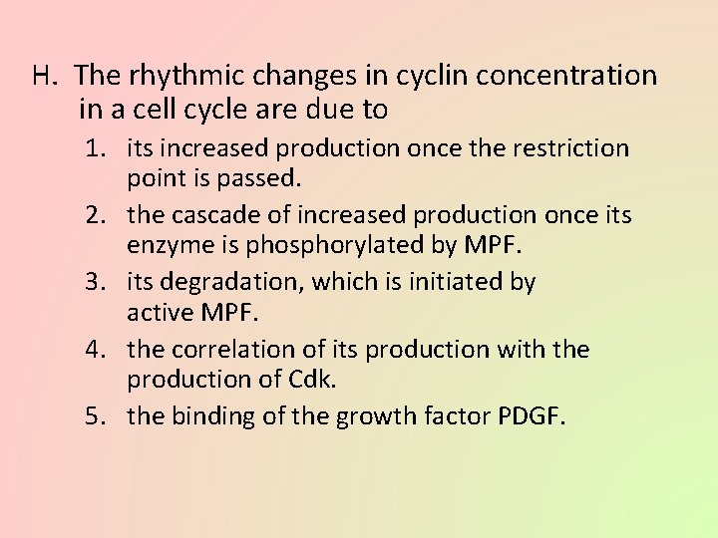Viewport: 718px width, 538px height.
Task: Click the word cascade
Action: (x=210, y=216)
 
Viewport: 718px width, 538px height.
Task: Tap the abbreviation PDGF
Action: (x=531, y=417)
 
